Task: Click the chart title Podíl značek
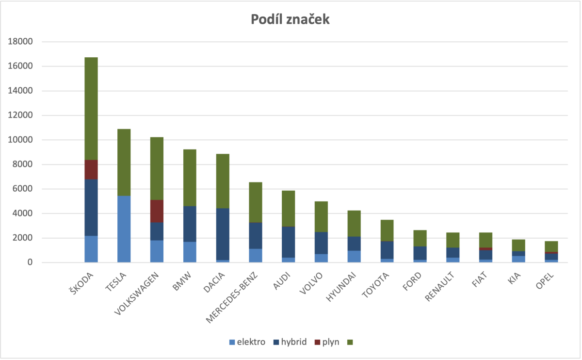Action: pyautogui.click(x=291, y=19)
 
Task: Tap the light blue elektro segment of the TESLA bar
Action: pyautogui.click(x=124, y=229)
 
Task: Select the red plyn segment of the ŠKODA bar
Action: pyautogui.click(x=91, y=170)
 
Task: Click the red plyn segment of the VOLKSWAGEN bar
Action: pyautogui.click(x=157, y=211)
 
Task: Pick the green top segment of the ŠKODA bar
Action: pyautogui.click(x=91, y=109)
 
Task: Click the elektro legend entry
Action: pyautogui.click(x=247, y=342)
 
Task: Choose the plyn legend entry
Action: pyautogui.click(x=327, y=342)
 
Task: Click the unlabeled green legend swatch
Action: pyautogui.click(x=350, y=343)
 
